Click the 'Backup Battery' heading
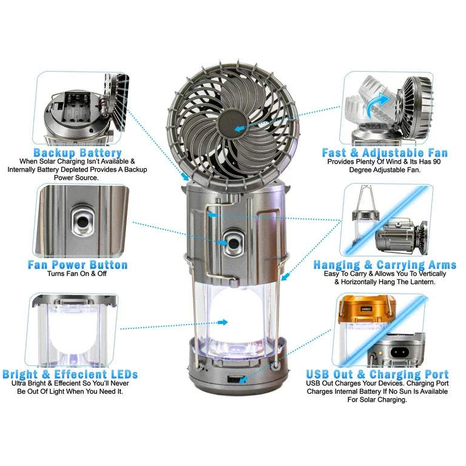click(x=78, y=153)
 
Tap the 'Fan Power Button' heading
click(x=78, y=265)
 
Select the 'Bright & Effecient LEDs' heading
click(x=70, y=374)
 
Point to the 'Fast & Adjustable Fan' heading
click(x=385, y=153)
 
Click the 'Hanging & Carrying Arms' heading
click(x=385, y=265)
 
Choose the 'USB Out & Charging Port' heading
click(x=377, y=374)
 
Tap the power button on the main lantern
click(x=233, y=244)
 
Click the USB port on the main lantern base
click(x=234, y=379)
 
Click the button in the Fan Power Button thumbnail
click(x=83, y=221)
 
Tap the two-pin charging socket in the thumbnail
click(x=397, y=353)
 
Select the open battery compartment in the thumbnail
click(x=76, y=107)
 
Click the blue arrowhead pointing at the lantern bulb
click(x=223, y=322)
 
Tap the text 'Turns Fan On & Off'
click(x=77, y=274)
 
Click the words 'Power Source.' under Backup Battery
click(x=76, y=178)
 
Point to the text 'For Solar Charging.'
click(x=377, y=400)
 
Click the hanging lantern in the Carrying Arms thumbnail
click(x=365, y=220)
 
